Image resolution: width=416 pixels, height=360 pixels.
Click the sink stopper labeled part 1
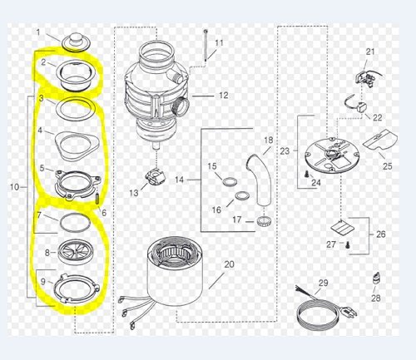[x=75, y=42]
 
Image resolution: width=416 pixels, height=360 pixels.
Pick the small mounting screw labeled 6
[x=97, y=199]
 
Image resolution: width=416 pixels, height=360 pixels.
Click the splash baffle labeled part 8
[x=76, y=252]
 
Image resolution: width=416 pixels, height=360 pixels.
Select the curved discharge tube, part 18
[x=259, y=181]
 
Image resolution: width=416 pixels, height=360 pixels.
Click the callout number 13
[x=134, y=193]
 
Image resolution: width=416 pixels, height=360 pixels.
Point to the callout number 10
[x=15, y=187]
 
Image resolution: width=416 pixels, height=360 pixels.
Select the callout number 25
[x=388, y=166]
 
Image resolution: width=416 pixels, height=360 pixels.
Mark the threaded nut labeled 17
[x=263, y=221]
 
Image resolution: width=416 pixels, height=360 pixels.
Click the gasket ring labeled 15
[x=230, y=183]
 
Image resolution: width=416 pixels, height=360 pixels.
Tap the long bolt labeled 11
[x=206, y=45]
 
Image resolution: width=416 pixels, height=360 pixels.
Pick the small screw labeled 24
[x=307, y=174]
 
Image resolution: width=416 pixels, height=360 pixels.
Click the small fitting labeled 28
[x=377, y=279]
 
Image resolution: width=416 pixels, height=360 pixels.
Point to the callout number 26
[x=381, y=234]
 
